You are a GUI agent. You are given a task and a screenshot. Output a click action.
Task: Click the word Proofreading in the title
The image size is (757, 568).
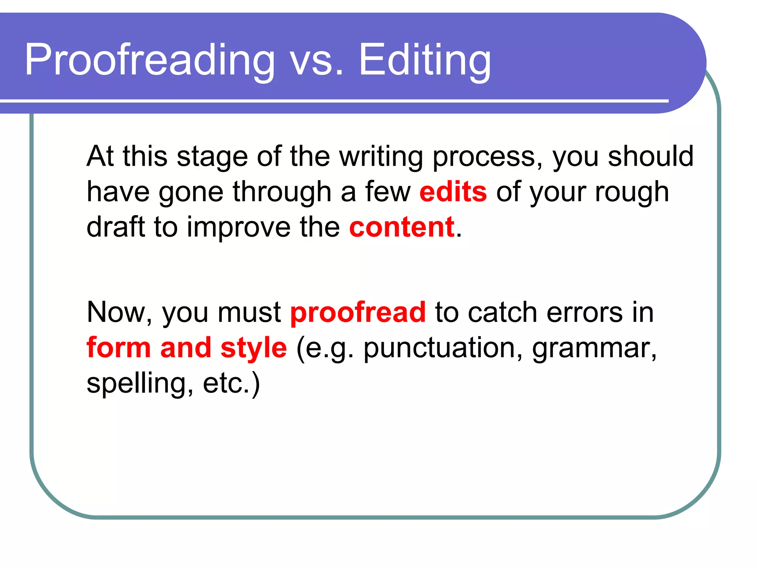150,60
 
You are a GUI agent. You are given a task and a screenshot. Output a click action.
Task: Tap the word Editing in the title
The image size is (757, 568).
425,60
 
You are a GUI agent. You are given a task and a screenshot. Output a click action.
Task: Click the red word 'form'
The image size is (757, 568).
119,348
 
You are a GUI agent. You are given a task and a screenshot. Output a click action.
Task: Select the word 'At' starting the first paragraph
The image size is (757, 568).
100,156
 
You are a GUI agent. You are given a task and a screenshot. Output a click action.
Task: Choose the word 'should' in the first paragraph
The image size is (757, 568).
651,156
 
